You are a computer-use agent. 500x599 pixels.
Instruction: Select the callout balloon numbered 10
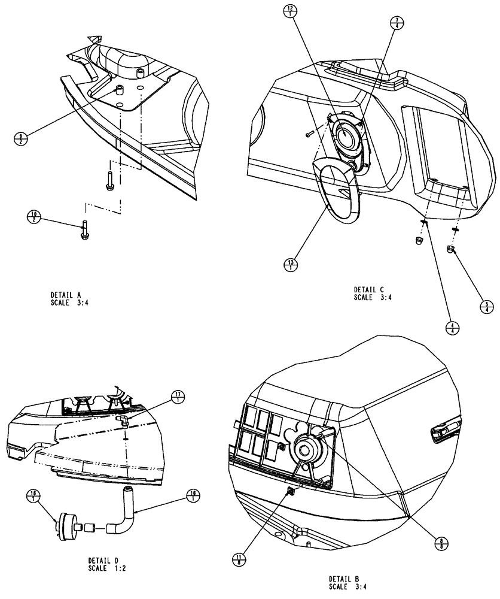(33, 216)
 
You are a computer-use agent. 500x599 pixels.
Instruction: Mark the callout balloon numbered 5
(487, 306)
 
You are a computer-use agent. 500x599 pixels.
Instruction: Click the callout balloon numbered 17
(178, 397)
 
